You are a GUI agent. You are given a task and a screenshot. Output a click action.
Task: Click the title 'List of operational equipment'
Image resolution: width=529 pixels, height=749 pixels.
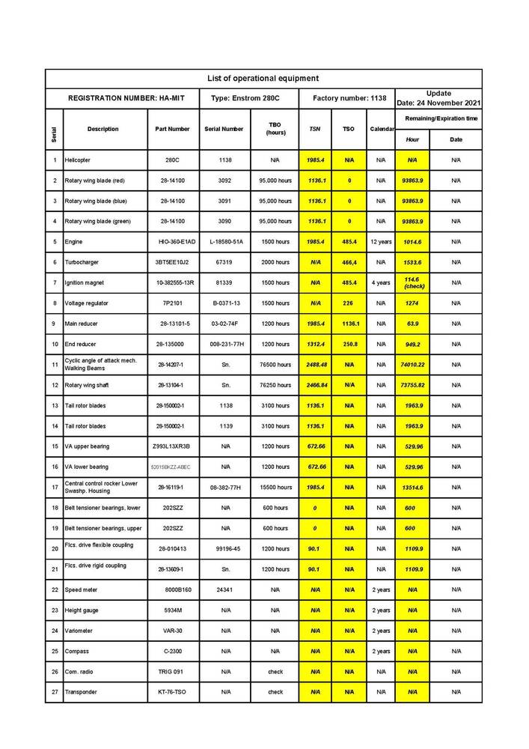[263, 78]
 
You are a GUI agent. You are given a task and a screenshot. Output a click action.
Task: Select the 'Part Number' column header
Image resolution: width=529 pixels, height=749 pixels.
[173, 129]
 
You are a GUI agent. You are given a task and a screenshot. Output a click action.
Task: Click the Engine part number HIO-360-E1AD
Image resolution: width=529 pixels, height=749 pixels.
[177, 242]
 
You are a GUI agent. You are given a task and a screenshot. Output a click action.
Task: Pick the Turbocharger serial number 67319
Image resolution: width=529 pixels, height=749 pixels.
[225, 262]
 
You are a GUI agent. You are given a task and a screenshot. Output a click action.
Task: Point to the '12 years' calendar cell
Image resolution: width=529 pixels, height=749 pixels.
[381, 242]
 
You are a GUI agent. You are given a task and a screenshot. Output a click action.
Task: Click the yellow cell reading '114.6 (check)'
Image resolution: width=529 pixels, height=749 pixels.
[412, 282]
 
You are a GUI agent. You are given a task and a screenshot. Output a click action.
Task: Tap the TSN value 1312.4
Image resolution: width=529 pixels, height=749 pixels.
[315, 344]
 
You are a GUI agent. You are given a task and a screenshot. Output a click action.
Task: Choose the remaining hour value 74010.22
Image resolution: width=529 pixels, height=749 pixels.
[412, 364]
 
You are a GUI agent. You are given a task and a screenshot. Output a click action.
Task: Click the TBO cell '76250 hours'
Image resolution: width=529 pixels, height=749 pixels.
[275, 385]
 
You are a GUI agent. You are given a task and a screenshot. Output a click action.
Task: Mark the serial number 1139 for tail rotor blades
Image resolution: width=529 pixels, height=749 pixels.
[225, 425]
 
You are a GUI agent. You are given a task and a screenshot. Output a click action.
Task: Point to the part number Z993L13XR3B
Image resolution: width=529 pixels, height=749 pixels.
[171, 446]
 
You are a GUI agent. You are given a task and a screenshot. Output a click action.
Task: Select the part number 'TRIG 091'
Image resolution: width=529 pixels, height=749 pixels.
[173, 671]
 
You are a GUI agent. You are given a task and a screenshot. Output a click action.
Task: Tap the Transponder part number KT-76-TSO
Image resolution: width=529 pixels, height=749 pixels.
[173, 692]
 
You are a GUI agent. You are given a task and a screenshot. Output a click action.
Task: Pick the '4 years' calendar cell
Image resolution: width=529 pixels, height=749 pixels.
[381, 282]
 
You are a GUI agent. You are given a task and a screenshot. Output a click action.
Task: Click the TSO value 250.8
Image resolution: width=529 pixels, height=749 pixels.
[349, 344]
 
